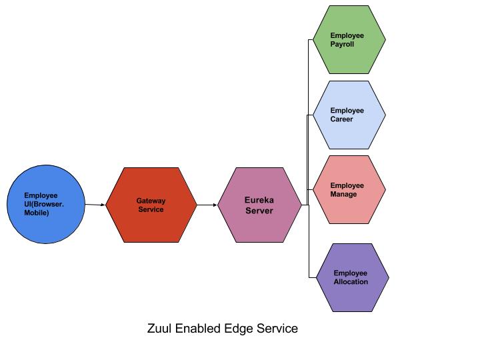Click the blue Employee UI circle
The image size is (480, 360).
pyautogui.click(x=47, y=205)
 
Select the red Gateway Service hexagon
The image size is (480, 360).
pyautogui.click(x=151, y=205)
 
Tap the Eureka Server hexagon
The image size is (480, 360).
pyautogui.click(x=259, y=205)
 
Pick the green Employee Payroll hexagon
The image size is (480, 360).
pyautogui.click(x=349, y=40)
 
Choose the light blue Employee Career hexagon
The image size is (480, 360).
pyautogui.click(x=349, y=115)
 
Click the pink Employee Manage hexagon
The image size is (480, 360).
pyautogui.click(x=349, y=190)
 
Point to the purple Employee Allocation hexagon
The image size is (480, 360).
pyautogui.click(x=351, y=277)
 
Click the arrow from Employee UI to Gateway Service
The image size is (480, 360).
pyautogui.click(x=95, y=205)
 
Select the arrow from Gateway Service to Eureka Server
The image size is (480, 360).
pyautogui.click(x=207, y=205)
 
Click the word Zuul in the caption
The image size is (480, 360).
pyautogui.click(x=159, y=329)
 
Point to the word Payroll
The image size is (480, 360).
pyautogui.click(x=342, y=45)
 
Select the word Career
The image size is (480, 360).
pyautogui.click(x=341, y=119)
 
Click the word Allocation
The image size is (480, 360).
pyautogui.click(x=351, y=282)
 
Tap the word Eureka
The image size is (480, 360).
pyautogui.click(x=259, y=200)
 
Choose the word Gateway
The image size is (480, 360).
pyautogui.click(x=151, y=201)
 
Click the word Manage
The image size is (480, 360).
pyautogui.click(x=343, y=195)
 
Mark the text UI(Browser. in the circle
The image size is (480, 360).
pyautogui.click(x=45, y=204)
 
